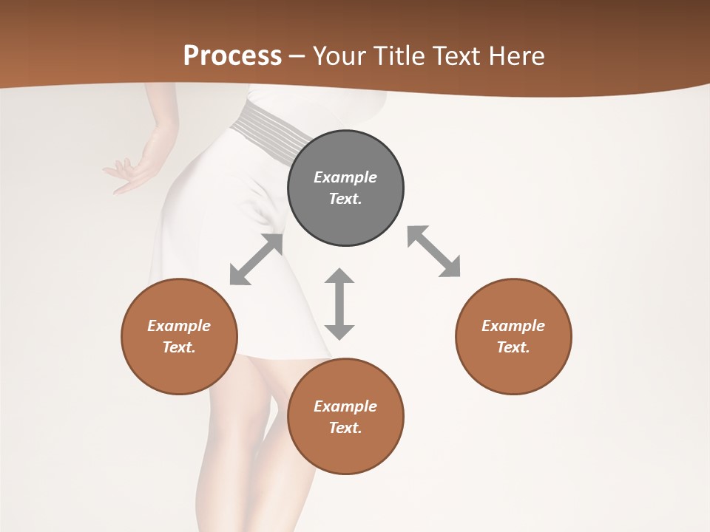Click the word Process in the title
point(232,56)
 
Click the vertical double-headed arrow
point(339,304)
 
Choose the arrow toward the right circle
point(433,251)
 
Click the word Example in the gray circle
point(345,177)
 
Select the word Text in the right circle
point(513,347)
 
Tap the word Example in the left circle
point(179,326)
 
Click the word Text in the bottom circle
point(345,428)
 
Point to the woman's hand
point(129,174)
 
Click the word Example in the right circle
point(513,326)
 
